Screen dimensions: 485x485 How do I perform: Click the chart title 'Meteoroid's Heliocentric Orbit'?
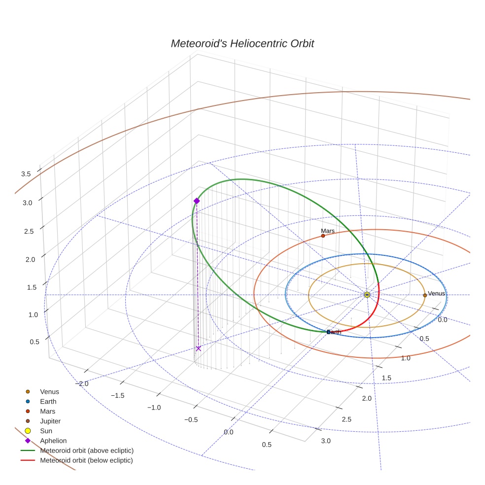pos(242,44)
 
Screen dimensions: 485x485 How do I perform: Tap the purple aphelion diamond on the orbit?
pos(197,201)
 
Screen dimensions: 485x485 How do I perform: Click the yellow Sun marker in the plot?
pos(367,295)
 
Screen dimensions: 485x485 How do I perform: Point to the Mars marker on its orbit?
pos(323,236)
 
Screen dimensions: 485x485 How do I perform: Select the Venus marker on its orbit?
pos(425,295)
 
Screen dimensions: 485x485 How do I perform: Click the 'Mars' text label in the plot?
pos(328,231)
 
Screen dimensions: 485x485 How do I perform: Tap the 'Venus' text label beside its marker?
pos(436,294)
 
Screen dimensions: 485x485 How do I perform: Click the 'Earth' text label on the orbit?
pos(334,332)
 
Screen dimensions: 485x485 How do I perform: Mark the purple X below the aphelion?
pos(198,348)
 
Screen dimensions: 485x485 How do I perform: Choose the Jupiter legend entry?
pos(50,421)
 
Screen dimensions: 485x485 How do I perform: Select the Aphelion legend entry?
pos(53,441)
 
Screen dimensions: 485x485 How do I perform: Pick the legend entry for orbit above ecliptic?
pos(87,450)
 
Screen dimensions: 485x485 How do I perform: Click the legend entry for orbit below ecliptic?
pos(86,460)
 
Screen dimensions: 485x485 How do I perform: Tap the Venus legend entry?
pos(49,392)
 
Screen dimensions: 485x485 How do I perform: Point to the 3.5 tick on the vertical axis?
pos(26,174)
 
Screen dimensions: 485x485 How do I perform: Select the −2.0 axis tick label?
pos(82,384)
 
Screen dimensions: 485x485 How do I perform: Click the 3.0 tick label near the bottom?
pos(326,441)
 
